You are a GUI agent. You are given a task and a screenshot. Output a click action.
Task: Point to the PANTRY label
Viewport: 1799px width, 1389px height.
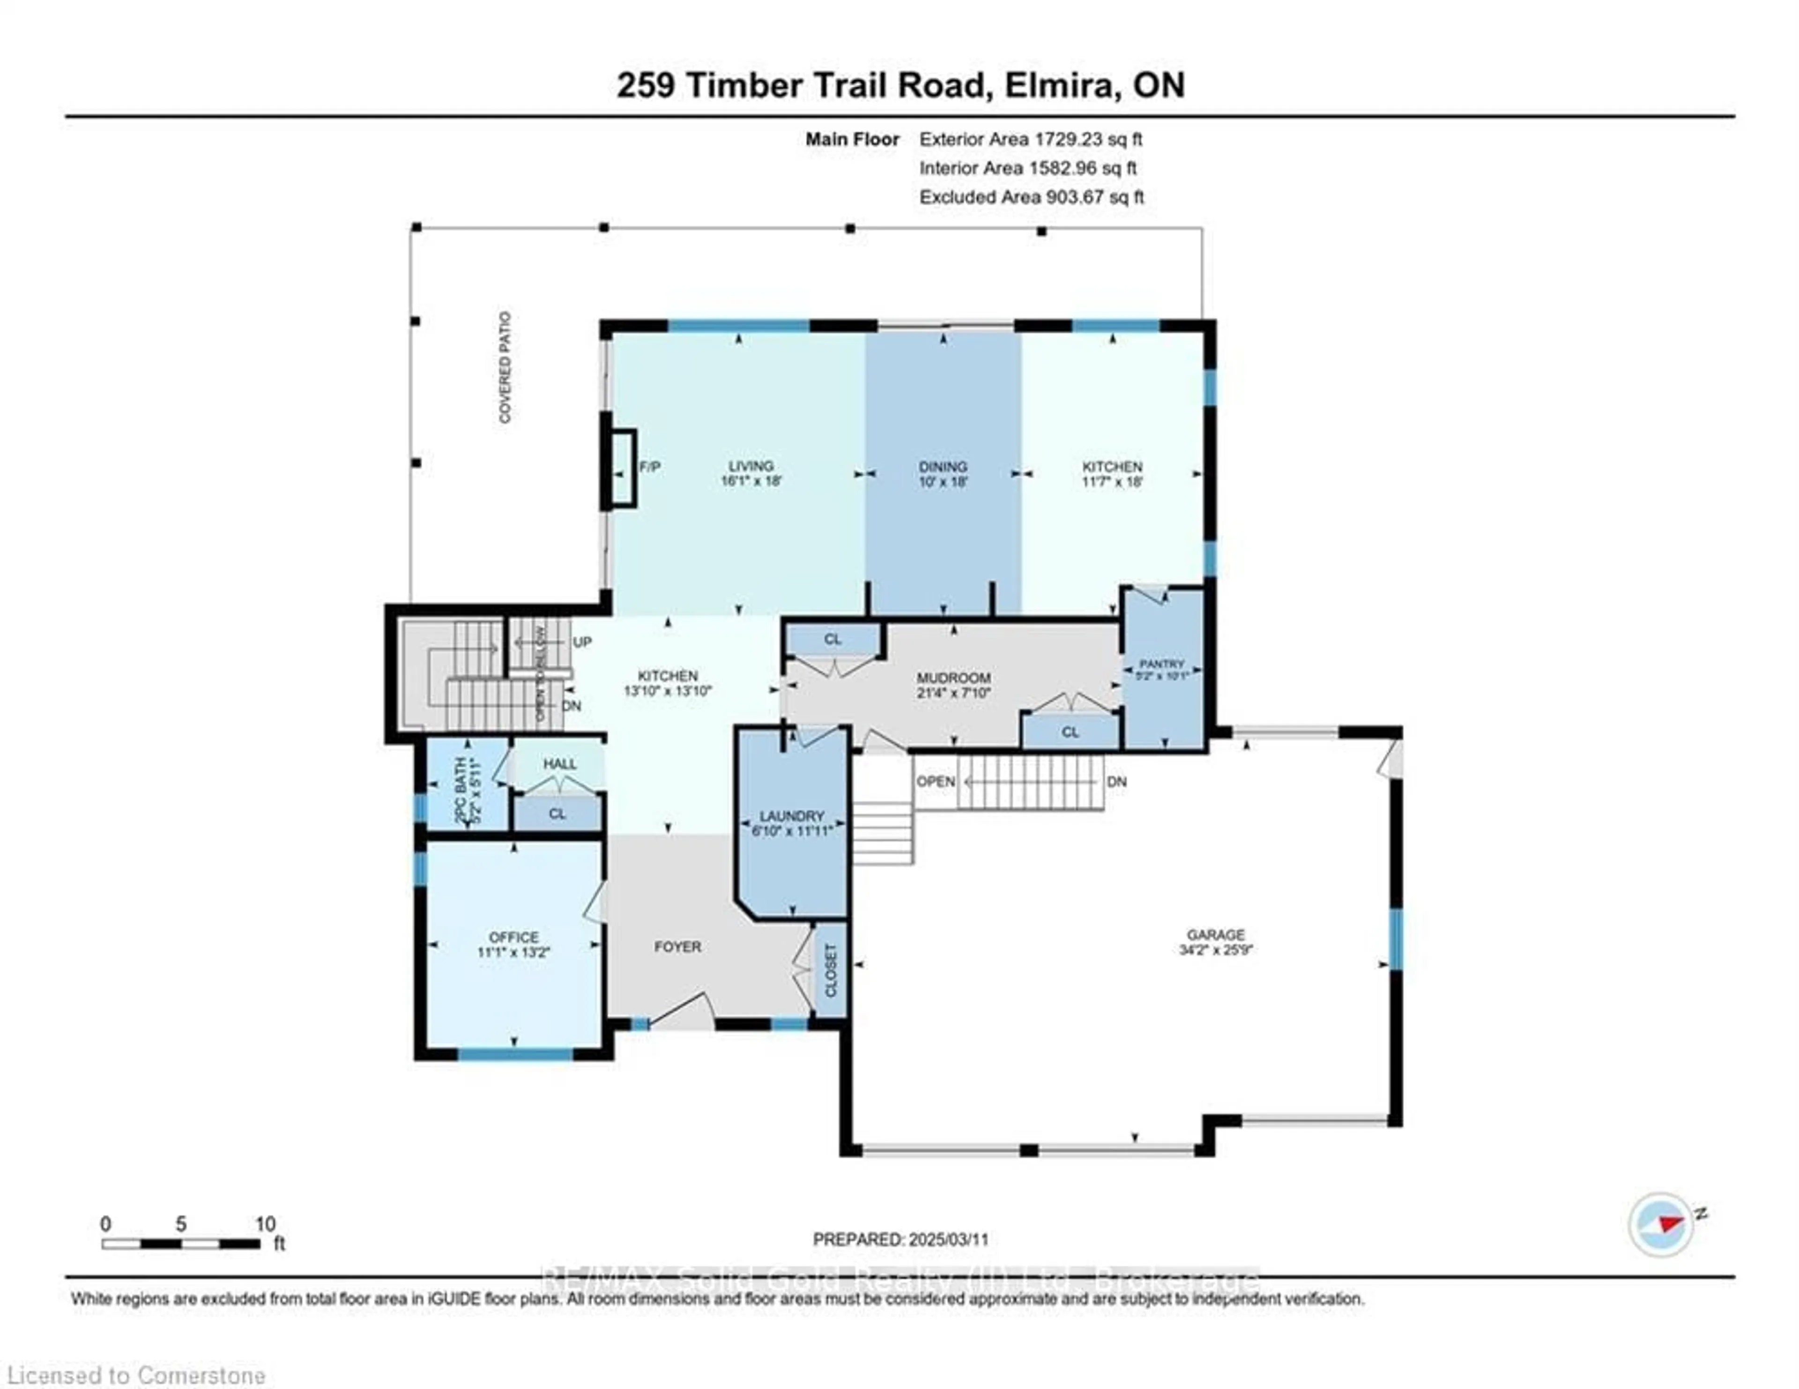(x=1161, y=663)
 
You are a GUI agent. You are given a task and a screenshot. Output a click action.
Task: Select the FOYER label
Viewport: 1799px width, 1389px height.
(x=677, y=947)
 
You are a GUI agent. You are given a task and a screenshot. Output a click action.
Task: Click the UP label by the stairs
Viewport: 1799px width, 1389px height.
(x=581, y=642)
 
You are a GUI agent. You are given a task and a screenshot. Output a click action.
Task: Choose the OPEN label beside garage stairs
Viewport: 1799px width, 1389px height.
(x=935, y=781)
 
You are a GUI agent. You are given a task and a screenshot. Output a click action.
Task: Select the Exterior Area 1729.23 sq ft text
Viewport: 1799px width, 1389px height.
(x=1030, y=139)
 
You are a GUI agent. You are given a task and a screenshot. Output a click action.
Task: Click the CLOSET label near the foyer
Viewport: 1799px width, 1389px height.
(x=830, y=970)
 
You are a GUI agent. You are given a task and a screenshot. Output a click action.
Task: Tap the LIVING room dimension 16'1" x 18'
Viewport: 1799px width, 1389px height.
(x=750, y=481)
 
